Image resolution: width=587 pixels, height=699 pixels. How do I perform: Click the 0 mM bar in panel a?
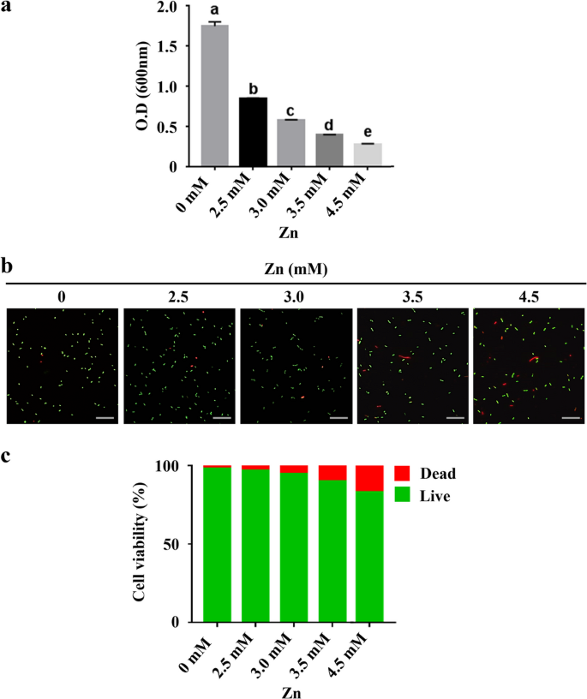point(215,95)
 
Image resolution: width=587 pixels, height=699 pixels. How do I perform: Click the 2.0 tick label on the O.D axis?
point(178,8)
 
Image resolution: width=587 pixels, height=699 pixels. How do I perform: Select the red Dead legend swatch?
point(403,474)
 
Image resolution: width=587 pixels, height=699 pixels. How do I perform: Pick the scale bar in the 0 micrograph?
point(105,418)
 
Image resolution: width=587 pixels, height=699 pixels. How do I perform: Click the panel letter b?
point(8,266)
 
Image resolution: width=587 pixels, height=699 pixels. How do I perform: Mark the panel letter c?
point(7,455)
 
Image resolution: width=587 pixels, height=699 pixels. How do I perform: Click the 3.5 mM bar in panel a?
point(330,150)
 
